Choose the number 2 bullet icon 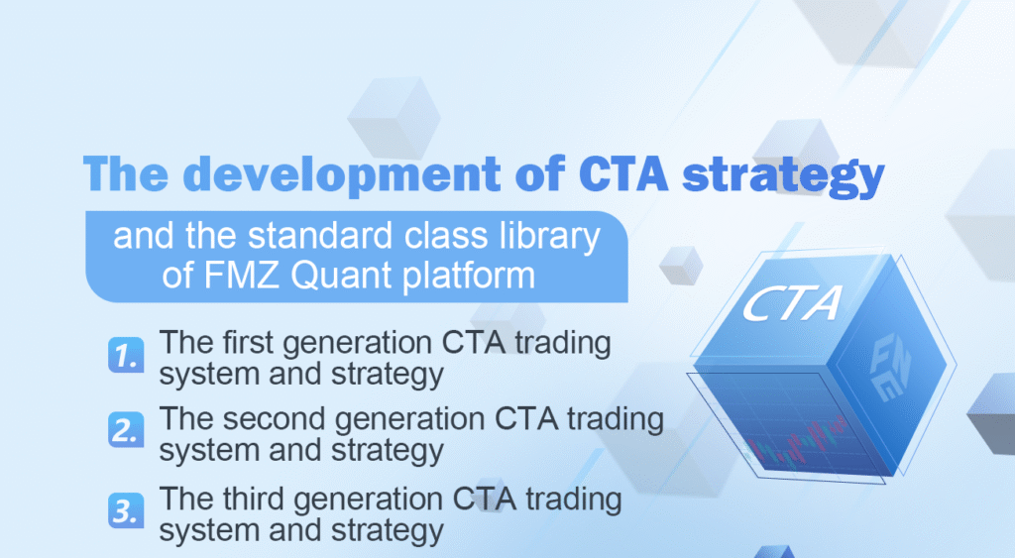coord(125,431)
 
